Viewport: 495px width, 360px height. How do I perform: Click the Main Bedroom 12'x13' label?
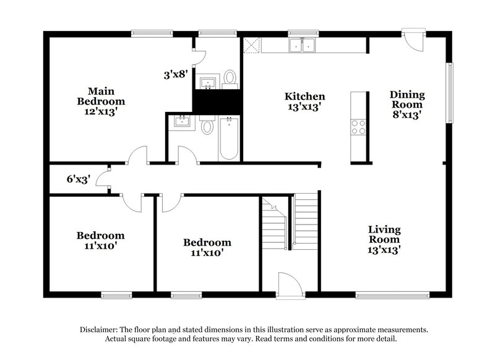pos(101,101)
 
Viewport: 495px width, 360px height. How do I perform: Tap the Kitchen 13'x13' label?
pos(304,101)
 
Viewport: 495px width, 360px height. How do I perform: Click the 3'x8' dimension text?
pos(176,75)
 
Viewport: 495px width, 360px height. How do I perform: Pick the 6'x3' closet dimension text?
pos(79,180)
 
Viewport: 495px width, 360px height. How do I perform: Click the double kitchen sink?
pos(303,45)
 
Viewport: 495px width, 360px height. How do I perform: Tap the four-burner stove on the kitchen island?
pos(358,127)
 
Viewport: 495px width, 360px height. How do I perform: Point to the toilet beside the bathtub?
pos(208,128)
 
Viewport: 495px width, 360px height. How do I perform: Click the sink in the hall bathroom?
pos(183,121)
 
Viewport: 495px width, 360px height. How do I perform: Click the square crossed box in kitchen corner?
pos(252,45)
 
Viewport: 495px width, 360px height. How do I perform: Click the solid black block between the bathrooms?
pos(217,101)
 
